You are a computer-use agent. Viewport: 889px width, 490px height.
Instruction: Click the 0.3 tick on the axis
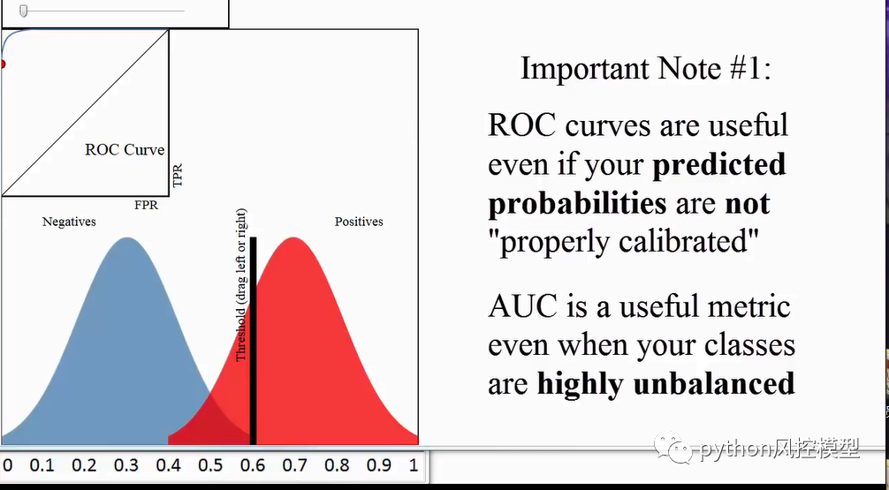click(126, 465)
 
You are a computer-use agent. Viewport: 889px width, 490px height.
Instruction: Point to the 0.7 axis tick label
click(294, 465)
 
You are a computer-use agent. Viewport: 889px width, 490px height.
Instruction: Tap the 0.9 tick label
click(378, 465)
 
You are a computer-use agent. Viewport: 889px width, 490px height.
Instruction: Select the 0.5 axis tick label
click(210, 465)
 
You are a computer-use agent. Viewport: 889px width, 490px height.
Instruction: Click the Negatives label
click(69, 222)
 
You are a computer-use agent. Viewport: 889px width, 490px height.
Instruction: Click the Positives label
click(359, 222)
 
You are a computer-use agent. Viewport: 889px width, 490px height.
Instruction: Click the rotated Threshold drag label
click(241, 285)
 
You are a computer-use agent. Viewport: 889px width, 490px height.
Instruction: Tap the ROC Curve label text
click(125, 150)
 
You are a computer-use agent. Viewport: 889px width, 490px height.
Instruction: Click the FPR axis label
click(147, 205)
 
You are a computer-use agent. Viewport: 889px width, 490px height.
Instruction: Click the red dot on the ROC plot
click(2, 64)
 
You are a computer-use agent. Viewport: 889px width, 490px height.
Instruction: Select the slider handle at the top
click(24, 11)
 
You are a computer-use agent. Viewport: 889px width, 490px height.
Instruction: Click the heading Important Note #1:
click(646, 69)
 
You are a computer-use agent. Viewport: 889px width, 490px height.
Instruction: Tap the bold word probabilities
click(577, 204)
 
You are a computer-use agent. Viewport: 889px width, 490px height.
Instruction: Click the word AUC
click(523, 306)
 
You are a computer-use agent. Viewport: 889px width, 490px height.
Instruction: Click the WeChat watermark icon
click(680, 449)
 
